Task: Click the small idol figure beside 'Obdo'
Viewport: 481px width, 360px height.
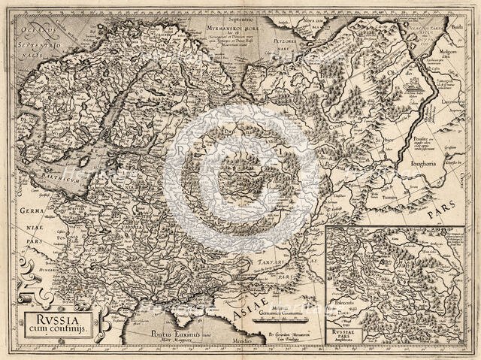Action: click(x=415, y=89)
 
